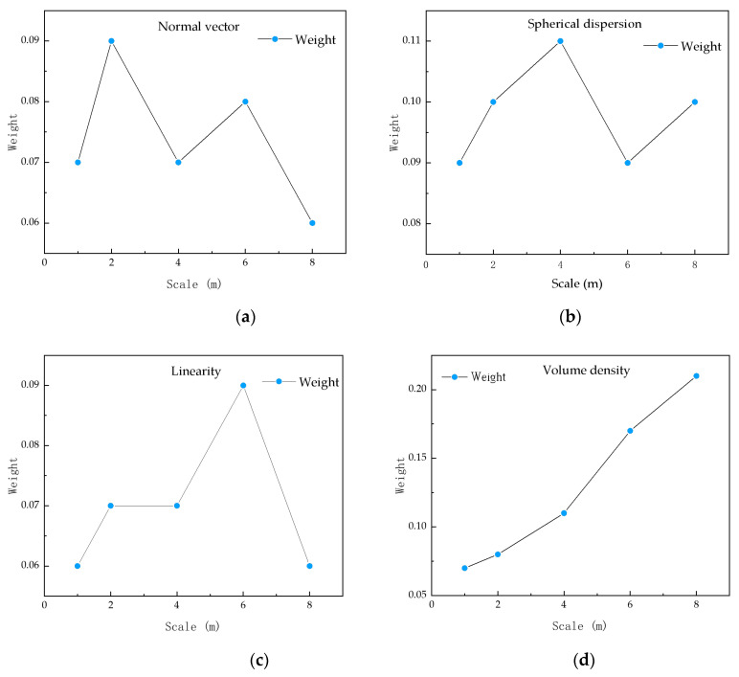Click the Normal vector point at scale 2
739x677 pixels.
[x=111, y=41]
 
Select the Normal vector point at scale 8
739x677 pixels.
[x=312, y=223]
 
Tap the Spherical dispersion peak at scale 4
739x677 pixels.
[x=560, y=41]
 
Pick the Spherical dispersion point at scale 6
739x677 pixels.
[x=628, y=163]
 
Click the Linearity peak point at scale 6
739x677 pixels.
[x=243, y=385]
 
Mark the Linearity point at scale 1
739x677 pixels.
[x=78, y=566]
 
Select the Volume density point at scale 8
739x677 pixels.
[x=696, y=376]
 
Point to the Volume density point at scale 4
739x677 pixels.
[x=564, y=513]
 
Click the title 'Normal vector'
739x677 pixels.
[x=198, y=26]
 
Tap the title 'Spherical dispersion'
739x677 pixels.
[x=593, y=22]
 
